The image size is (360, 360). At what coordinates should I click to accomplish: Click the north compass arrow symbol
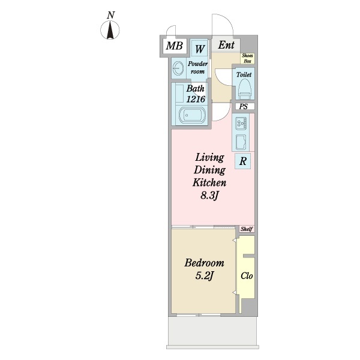click(x=110, y=30)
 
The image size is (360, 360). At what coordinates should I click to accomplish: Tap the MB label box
click(x=175, y=46)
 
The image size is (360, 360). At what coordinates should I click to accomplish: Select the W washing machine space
click(x=200, y=48)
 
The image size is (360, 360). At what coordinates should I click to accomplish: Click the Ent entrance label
click(x=226, y=45)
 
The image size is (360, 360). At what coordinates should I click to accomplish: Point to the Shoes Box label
click(x=247, y=58)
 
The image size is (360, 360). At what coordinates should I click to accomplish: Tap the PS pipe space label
click(x=244, y=107)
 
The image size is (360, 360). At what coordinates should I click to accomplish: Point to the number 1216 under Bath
click(x=196, y=99)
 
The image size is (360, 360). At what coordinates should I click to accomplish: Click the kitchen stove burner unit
click(x=241, y=124)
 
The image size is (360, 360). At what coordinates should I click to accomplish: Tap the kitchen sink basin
click(x=241, y=142)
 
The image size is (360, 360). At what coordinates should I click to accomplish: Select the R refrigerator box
click(x=242, y=161)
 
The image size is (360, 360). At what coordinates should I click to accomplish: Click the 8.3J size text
click(x=209, y=196)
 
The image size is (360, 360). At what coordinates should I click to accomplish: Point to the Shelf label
click(x=247, y=229)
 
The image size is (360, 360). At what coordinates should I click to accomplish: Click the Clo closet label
click(x=247, y=276)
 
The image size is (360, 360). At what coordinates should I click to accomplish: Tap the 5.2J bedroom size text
click(x=205, y=276)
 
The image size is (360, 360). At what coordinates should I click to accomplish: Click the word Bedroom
click(x=205, y=263)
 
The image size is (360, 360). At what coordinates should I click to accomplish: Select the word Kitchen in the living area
click(x=209, y=182)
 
